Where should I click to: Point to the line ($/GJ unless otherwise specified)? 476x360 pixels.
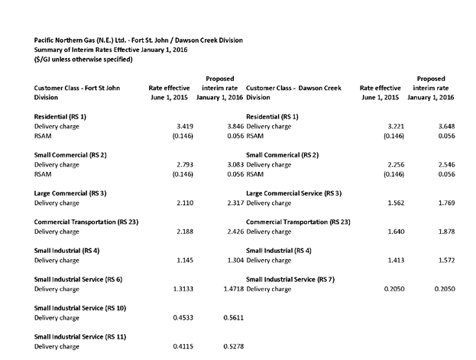pyautogui.click(x=83, y=59)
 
